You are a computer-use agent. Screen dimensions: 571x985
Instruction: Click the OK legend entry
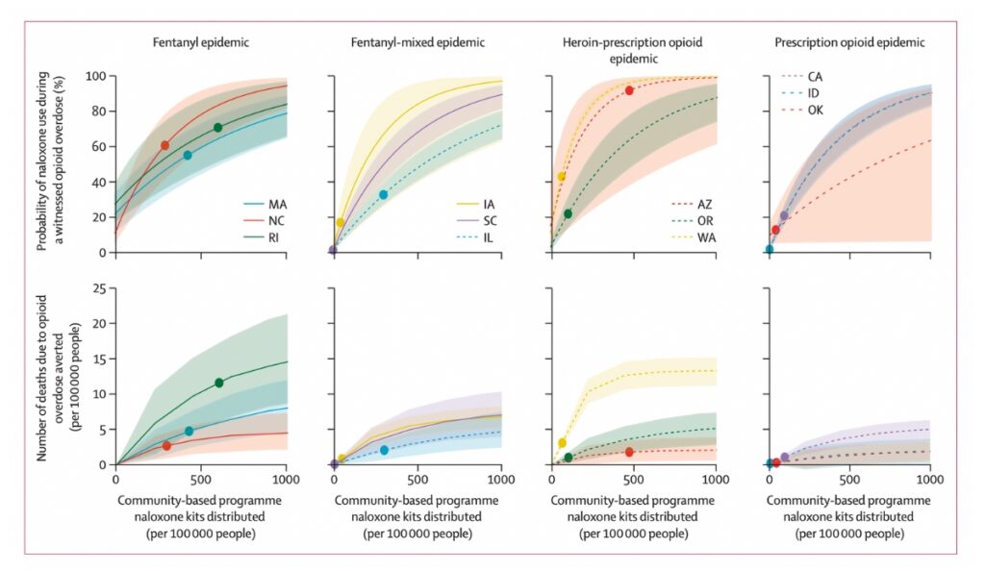(x=819, y=110)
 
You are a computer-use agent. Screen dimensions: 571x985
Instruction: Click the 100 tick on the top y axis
(x=94, y=76)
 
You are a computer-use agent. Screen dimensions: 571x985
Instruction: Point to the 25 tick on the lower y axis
(x=98, y=288)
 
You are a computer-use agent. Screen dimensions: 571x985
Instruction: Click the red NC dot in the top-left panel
(x=164, y=145)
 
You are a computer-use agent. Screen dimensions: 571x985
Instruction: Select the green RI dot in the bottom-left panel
(x=218, y=383)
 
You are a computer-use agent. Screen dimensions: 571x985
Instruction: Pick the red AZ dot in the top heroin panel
(x=629, y=90)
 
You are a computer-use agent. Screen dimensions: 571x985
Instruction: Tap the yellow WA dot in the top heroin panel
(x=562, y=177)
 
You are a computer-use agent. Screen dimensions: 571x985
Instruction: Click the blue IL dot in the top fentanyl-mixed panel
(x=383, y=194)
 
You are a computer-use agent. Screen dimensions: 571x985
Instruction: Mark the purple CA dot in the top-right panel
(x=784, y=215)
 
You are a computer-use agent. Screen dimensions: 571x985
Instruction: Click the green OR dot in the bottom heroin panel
(x=568, y=458)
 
